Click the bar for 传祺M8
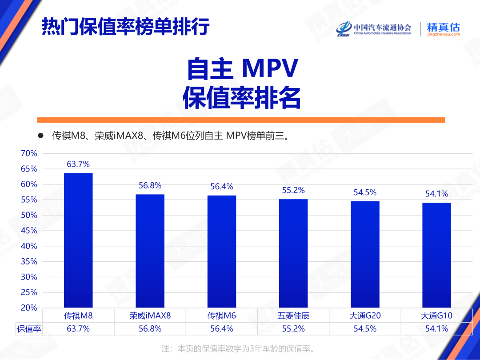tap(78, 240)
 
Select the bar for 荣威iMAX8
tap(150, 251)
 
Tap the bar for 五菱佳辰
tap(293, 253)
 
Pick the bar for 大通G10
tap(436, 255)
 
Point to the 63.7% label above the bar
tap(78, 164)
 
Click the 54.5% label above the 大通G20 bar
tap(365, 192)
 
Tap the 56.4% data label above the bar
tap(222, 187)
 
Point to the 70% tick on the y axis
tap(29, 153)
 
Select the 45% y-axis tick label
tap(29, 231)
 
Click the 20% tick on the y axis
tap(29, 308)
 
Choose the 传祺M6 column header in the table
tap(222, 316)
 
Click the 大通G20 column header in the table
tap(365, 316)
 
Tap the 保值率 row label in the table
tap(29, 329)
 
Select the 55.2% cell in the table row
tap(293, 329)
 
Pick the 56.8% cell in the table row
tap(150, 329)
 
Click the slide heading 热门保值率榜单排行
tap(126, 28)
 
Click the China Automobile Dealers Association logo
tap(374, 29)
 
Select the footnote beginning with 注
tap(240, 349)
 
